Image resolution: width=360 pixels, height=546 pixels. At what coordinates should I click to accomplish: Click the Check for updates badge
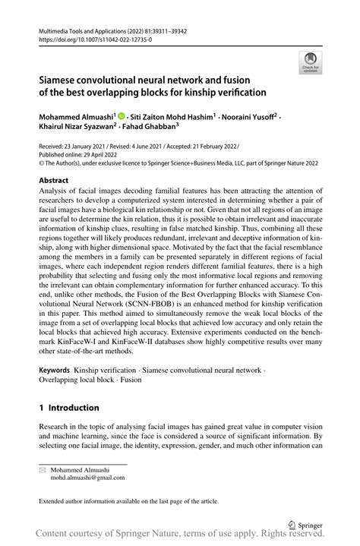[x=310, y=62]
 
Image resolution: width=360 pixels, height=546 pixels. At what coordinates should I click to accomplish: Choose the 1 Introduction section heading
[x=69, y=408]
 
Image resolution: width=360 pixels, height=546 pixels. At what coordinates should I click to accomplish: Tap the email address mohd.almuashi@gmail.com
[x=82, y=478]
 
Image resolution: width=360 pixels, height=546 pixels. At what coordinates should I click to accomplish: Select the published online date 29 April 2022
[x=95, y=153]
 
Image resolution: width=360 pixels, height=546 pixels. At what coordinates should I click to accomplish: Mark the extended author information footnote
[x=128, y=501]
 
